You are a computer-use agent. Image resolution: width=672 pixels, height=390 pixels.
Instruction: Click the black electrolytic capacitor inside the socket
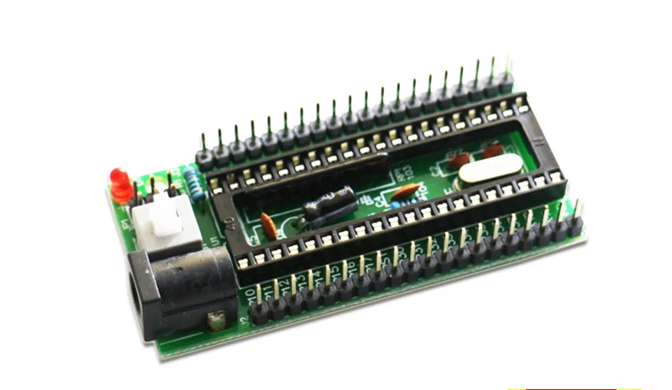pos(328,204)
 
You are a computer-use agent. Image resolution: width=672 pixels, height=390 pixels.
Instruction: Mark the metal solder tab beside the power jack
pos(215,320)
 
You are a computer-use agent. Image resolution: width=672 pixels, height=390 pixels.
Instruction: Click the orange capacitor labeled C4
pos(405,193)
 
